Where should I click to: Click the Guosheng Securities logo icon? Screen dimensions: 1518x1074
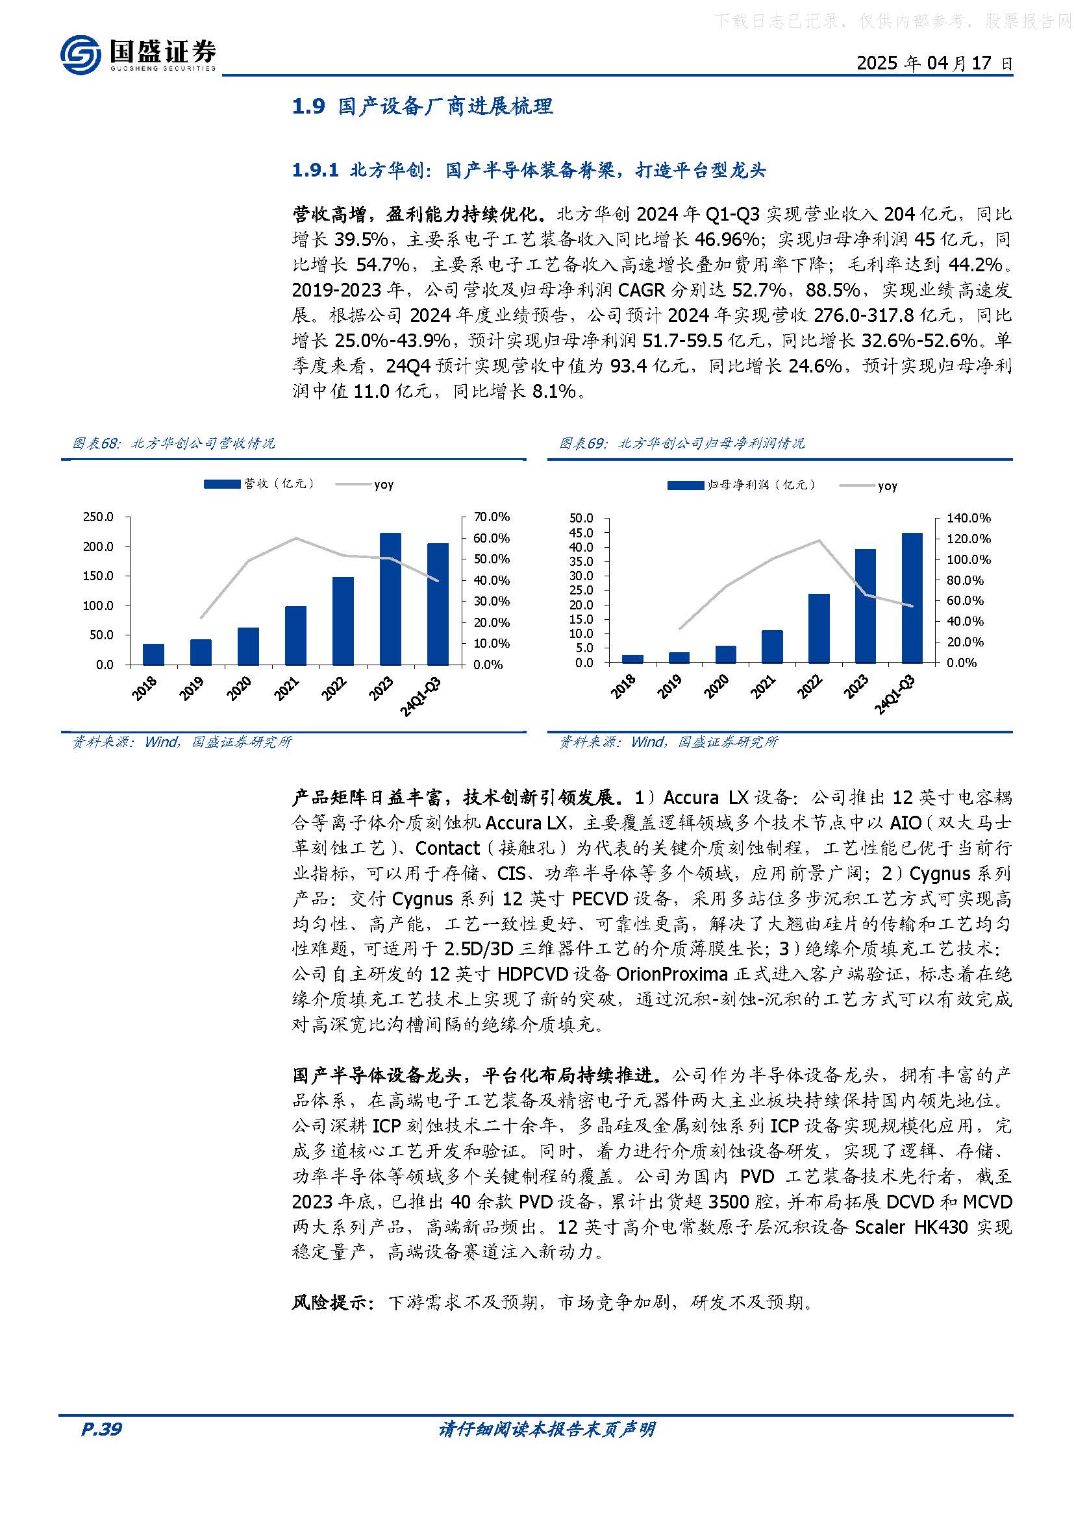81,55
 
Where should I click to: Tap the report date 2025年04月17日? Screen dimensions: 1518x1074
934,64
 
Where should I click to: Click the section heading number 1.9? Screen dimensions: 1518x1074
309,106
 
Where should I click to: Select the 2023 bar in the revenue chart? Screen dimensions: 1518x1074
391,598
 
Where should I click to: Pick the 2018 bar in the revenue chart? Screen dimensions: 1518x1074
153,654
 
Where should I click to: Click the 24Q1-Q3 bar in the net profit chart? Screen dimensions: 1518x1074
912,597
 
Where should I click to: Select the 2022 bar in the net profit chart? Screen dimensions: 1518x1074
819,628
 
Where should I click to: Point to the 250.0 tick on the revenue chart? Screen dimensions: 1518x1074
98,517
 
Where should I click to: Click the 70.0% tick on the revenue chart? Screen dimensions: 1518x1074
492,517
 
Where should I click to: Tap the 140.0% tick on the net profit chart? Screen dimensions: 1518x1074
969,519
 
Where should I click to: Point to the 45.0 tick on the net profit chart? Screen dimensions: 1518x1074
581,533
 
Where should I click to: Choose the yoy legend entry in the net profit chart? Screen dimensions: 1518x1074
887,486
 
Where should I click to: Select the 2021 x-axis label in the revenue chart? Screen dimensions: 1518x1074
287,690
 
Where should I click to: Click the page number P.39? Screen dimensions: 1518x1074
101,1429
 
